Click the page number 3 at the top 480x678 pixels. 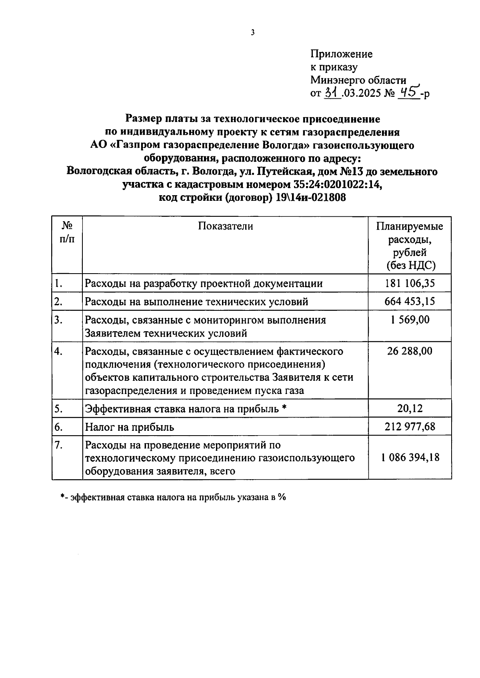252,33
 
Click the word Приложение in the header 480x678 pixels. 341,54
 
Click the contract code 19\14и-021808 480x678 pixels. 310,198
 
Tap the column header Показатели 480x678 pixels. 225,226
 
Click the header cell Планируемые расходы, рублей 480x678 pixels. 410,246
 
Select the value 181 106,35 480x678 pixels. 410,284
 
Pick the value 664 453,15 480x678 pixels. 410,301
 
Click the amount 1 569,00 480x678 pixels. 410,320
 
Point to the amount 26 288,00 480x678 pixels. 410,351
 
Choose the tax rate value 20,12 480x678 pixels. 410,408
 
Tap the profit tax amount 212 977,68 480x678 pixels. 410,427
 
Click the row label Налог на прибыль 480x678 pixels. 130,427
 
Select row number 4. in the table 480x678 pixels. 58,351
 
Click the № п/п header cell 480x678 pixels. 67,232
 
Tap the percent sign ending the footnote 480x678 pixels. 282,497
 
